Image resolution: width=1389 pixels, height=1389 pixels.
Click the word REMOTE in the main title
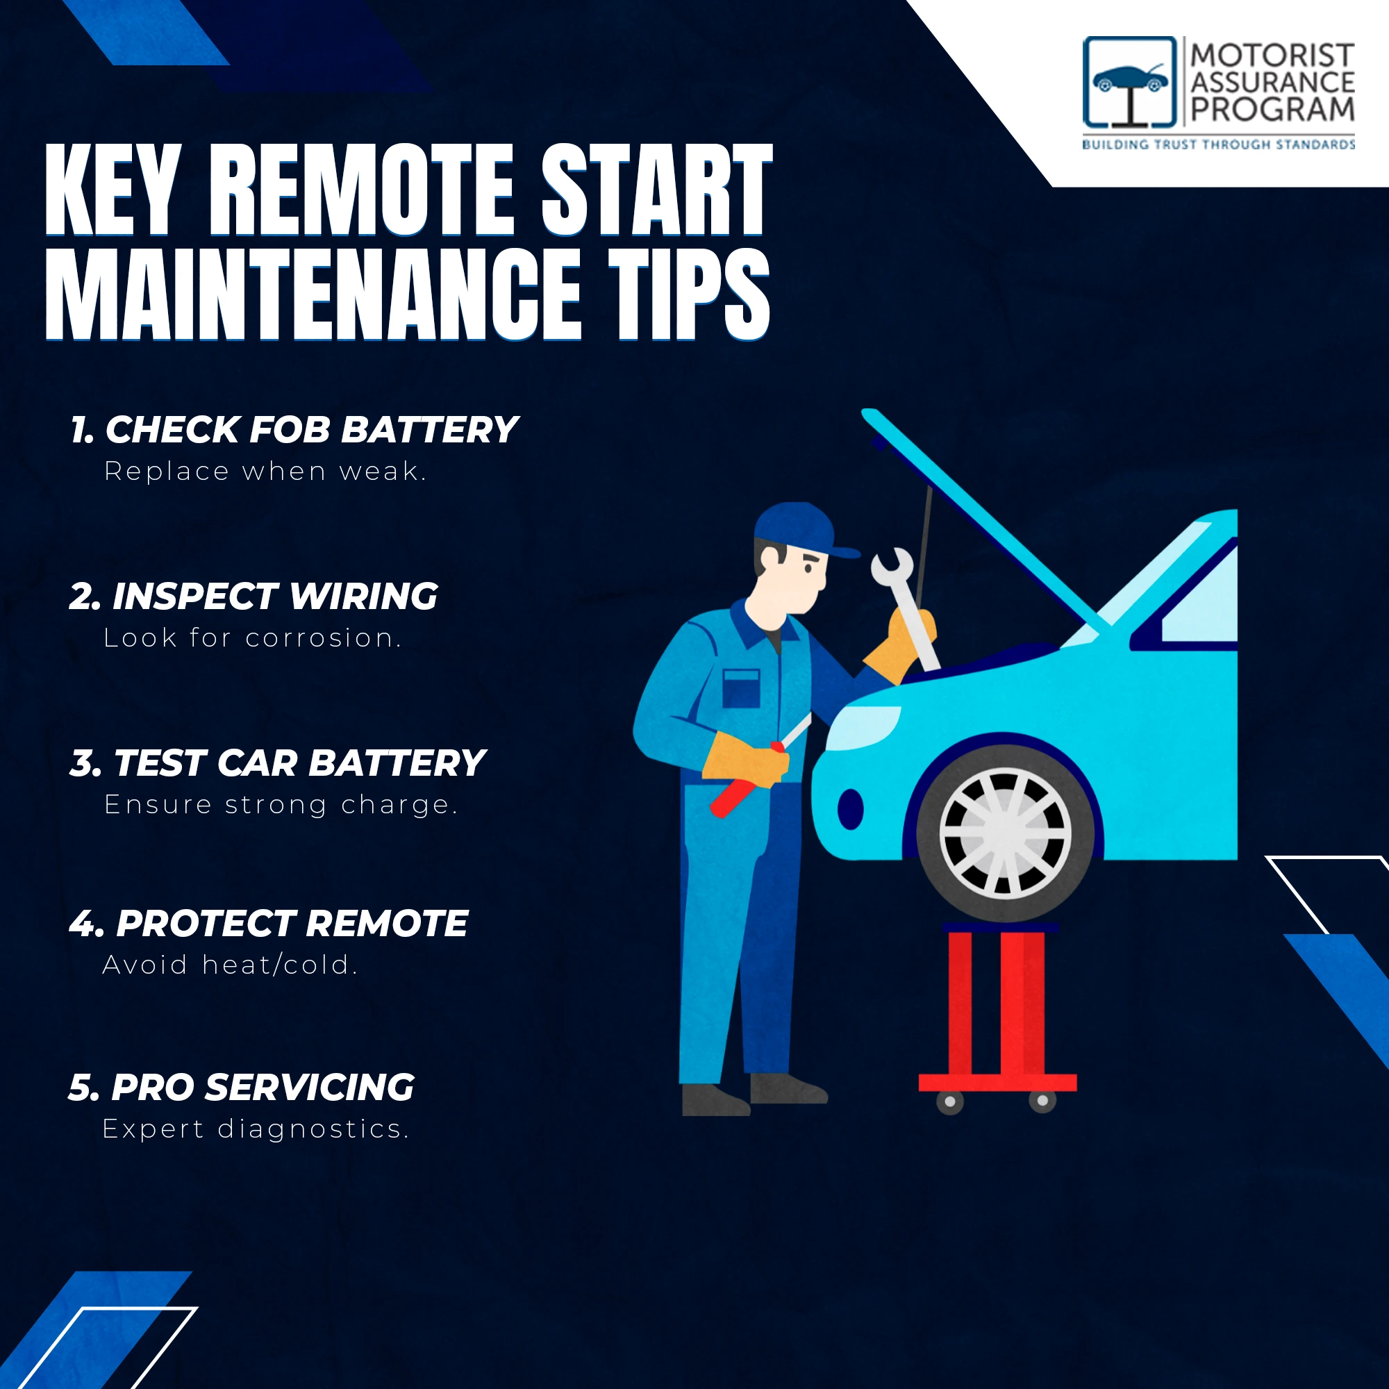point(362,190)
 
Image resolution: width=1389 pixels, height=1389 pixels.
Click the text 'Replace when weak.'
point(265,472)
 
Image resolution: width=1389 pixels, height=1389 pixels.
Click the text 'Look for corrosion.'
point(252,638)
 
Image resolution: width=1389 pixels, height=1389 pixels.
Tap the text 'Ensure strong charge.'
point(281,804)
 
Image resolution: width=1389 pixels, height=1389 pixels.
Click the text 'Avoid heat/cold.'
point(230,965)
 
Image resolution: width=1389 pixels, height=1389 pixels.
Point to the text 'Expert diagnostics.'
point(256,1129)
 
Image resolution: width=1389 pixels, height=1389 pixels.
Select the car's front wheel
point(1005,834)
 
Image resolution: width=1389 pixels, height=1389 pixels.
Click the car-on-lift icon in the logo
point(1129,83)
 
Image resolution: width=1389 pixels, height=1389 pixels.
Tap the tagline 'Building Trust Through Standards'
point(1219,144)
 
